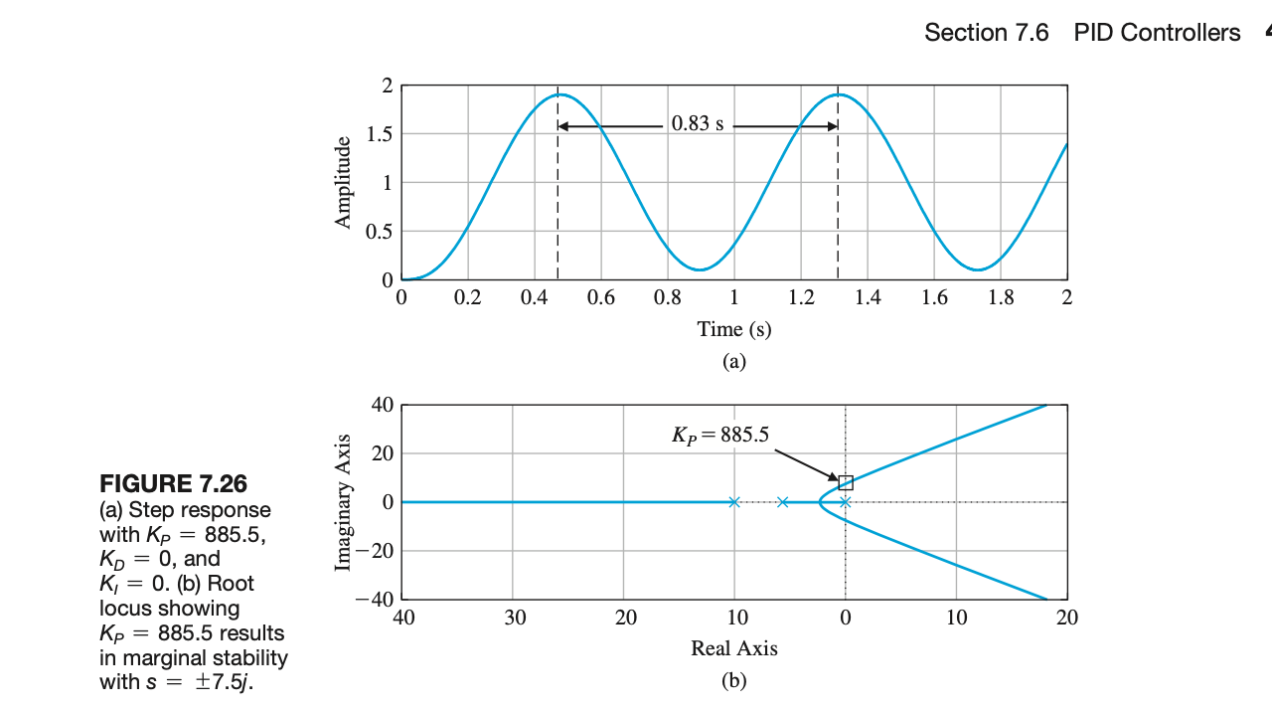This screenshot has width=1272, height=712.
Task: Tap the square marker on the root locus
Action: pos(846,483)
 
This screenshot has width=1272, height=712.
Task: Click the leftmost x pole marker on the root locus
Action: pos(734,502)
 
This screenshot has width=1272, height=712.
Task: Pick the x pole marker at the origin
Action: pos(845,502)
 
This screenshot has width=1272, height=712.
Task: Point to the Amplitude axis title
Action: pos(344,182)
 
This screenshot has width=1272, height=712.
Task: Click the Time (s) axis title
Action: pos(733,328)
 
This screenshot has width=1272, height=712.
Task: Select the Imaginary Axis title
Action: pos(344,502)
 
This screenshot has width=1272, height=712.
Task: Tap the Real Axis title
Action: pos(733,648)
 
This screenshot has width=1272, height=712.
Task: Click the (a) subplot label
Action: pos(733,361)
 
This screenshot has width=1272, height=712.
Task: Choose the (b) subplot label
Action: pos(733,681)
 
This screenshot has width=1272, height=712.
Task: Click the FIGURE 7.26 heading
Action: pos(173,484)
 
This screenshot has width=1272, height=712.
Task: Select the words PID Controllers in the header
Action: pos(1157,33)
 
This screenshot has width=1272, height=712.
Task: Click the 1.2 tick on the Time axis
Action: pos(800,297)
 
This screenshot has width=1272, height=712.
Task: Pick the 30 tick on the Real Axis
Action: pos(513,618)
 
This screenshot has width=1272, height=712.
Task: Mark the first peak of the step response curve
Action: pos(561,95)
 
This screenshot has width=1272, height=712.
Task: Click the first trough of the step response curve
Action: pos(701,269)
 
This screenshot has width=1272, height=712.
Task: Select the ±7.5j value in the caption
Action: pos(219,682)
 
